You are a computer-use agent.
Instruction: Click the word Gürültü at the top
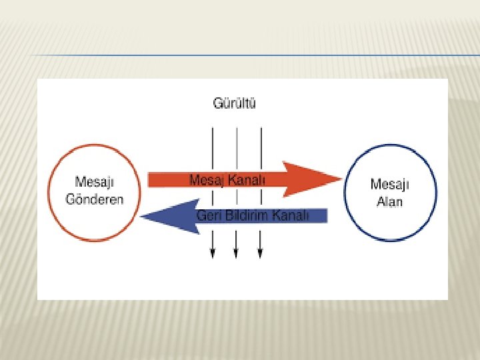click(235, 103)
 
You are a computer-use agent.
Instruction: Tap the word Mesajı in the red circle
click(93, 182)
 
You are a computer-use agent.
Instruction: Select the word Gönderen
click(94, 200)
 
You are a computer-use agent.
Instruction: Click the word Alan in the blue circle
click(390, 201)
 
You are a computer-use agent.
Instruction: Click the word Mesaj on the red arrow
click(207, 179)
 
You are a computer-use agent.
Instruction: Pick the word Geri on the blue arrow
click(209, 215)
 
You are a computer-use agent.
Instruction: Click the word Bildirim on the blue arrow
click(245, 215)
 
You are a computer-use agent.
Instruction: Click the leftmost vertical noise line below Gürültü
click(212, 143)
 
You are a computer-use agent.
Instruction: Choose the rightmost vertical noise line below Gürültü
click(260, 143)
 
